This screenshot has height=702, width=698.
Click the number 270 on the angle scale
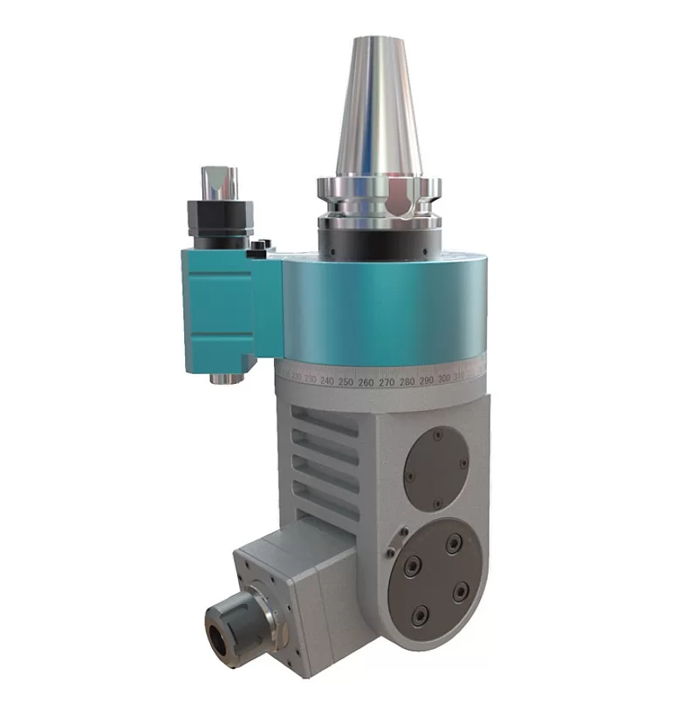click(x=387, y=381)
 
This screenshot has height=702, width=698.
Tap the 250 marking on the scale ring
click(x=346, y=382)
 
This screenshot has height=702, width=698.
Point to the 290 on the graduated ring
click(x=427, y=380)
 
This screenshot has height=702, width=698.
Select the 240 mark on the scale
click(x=327, y=381)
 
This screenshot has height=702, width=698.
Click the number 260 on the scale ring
click(x=366, y=382)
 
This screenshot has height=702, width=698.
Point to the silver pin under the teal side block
click(x=225, y=376)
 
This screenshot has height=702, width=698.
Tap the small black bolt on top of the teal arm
click(x=258, y=250)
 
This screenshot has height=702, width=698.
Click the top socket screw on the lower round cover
click(x=452, y=544)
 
